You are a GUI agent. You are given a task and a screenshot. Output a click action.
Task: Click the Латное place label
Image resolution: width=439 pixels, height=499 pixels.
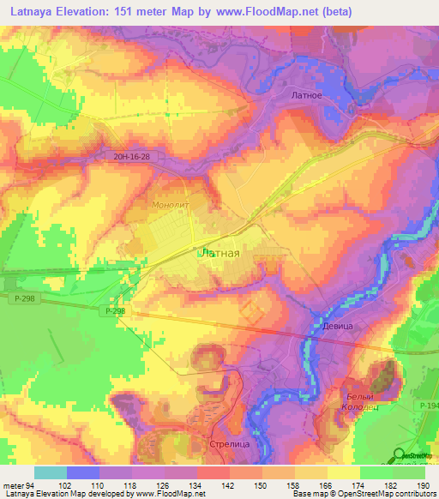click(x=306, y=95)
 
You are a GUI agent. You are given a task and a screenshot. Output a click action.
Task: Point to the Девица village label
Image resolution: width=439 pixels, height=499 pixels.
click(x=338, y=327)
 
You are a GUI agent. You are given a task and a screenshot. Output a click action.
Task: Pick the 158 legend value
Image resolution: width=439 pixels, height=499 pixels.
click(x=295, y=485)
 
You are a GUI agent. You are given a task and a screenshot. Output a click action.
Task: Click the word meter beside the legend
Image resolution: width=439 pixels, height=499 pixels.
click(x=13, y=485)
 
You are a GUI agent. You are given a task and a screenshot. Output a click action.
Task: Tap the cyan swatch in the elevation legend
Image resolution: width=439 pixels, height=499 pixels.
click(x=50, y=472)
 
